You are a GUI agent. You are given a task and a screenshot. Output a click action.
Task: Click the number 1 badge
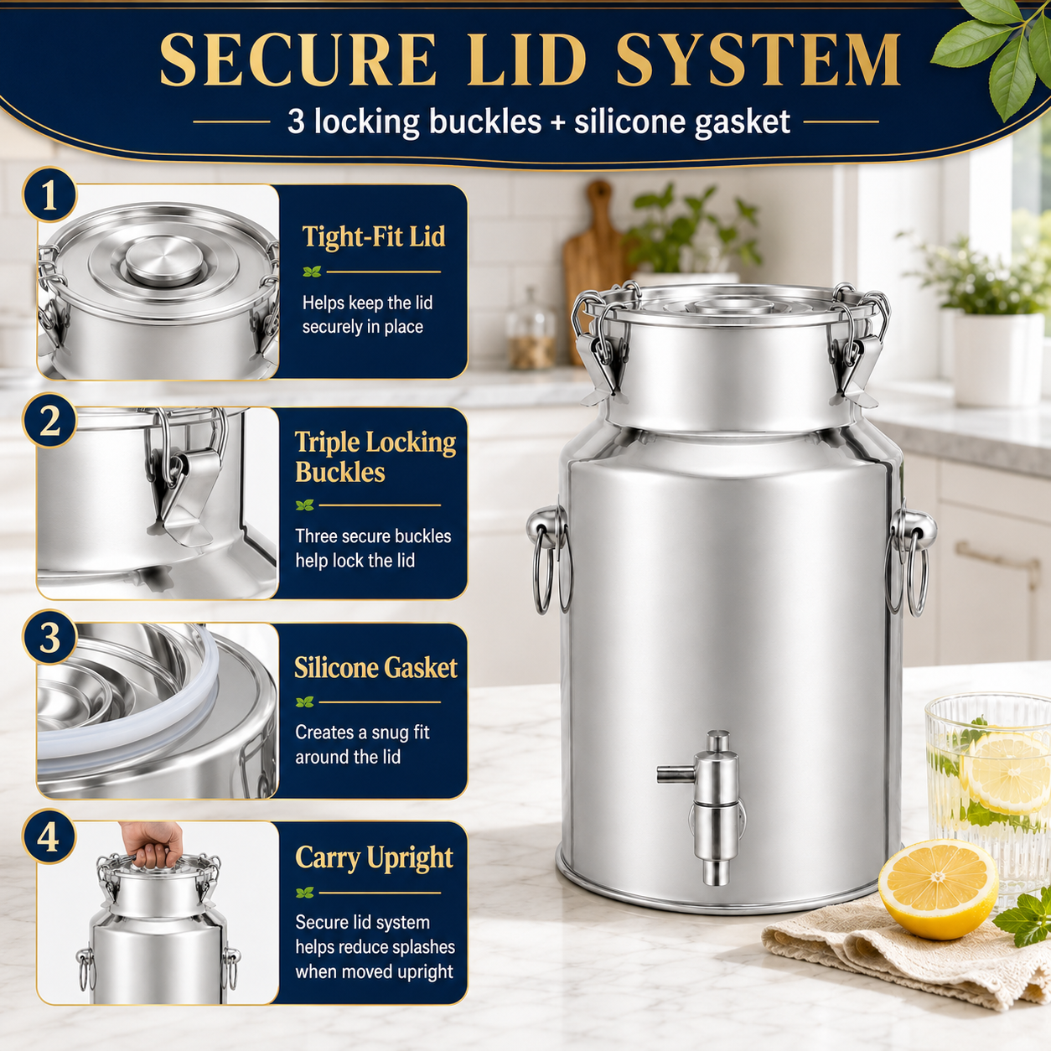coord(49,194)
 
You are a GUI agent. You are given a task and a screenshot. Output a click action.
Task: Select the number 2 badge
coord(49,421)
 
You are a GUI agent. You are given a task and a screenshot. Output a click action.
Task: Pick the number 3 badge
coord(49,636)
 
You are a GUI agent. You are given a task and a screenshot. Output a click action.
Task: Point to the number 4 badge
coord(49,836)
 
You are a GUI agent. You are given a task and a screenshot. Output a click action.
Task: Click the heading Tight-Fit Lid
coord(374,236)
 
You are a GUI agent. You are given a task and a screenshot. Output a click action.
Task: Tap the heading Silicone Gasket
coord(375,668)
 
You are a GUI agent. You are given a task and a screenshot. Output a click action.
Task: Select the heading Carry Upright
coord(374,859)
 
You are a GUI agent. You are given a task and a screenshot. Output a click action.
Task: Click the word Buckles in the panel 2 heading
coord(340,472)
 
